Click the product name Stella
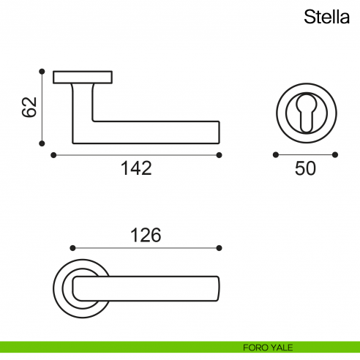click(x=327, y=18)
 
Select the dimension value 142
click(x=136, y=169)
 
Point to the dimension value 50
click(x=305, y=169)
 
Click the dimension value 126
click(x=145, y=236)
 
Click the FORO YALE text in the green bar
click(x=269, y=347)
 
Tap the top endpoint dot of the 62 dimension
click(x=42, y=71)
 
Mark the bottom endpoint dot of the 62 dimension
click(x=42, y=143)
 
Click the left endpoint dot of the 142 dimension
click(x=53, y=154)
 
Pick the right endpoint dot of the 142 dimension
click(x=220, y=154)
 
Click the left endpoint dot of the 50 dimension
click(x=275, y=154)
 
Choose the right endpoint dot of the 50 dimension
click(x=335, y=154)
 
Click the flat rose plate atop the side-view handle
click(x=83, y=76)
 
